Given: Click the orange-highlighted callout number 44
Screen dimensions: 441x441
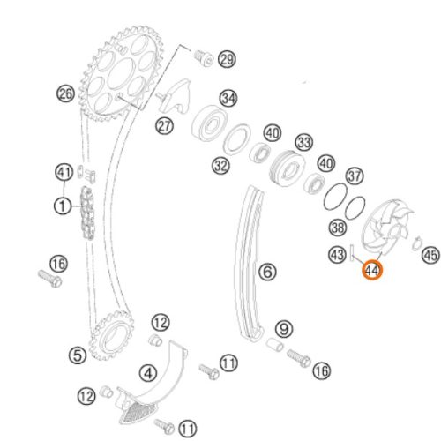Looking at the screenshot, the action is pos(372,270).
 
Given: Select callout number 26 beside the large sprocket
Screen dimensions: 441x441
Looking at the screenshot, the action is pos(65,93).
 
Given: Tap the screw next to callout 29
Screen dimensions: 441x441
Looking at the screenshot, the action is pos(203,58).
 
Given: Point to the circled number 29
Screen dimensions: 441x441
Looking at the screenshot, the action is pos(227,59).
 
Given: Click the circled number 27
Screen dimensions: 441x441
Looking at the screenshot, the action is pos(164,126).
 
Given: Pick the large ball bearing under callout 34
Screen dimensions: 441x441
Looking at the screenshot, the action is pos(209,123).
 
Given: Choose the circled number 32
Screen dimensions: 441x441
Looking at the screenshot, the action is pos(220,166).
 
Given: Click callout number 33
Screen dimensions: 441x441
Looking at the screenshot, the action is pos(304,142).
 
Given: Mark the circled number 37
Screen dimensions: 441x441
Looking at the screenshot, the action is pos(355,176).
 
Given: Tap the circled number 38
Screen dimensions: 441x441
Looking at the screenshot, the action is pos(338,228).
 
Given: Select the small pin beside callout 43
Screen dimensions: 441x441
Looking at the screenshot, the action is pos(352,252).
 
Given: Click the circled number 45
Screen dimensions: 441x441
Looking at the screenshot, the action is pos(431,255).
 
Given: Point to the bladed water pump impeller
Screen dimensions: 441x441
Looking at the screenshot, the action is pos(385,228).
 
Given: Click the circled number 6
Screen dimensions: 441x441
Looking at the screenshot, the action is pos(267,271).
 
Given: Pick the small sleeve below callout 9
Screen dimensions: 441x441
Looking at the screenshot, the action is pos(275,344).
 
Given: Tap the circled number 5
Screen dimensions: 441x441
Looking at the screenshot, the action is pos(78,355).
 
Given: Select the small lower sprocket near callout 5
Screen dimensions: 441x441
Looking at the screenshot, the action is pos(112,335).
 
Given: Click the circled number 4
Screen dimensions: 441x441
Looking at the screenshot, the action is pos(148,374).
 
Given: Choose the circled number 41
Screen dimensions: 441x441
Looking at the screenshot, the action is pos(64,172).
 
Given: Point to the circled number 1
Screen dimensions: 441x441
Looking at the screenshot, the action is pos(63,206).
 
